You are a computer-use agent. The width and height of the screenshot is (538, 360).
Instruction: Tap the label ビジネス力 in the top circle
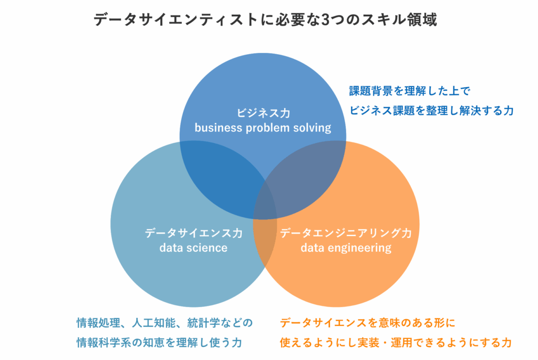[263, 113]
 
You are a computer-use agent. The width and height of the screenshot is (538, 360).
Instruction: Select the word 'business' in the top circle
[216, 128]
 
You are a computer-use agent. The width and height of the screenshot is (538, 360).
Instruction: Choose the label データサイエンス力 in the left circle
[193, 233]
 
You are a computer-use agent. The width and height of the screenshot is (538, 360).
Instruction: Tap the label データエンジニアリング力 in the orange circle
[346, 233]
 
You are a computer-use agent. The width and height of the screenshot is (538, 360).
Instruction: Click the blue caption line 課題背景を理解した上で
[409, 91]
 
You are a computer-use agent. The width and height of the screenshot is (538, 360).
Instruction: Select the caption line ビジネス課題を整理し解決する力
[431, 110]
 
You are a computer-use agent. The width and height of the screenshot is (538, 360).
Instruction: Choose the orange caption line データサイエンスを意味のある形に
[367, 322]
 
